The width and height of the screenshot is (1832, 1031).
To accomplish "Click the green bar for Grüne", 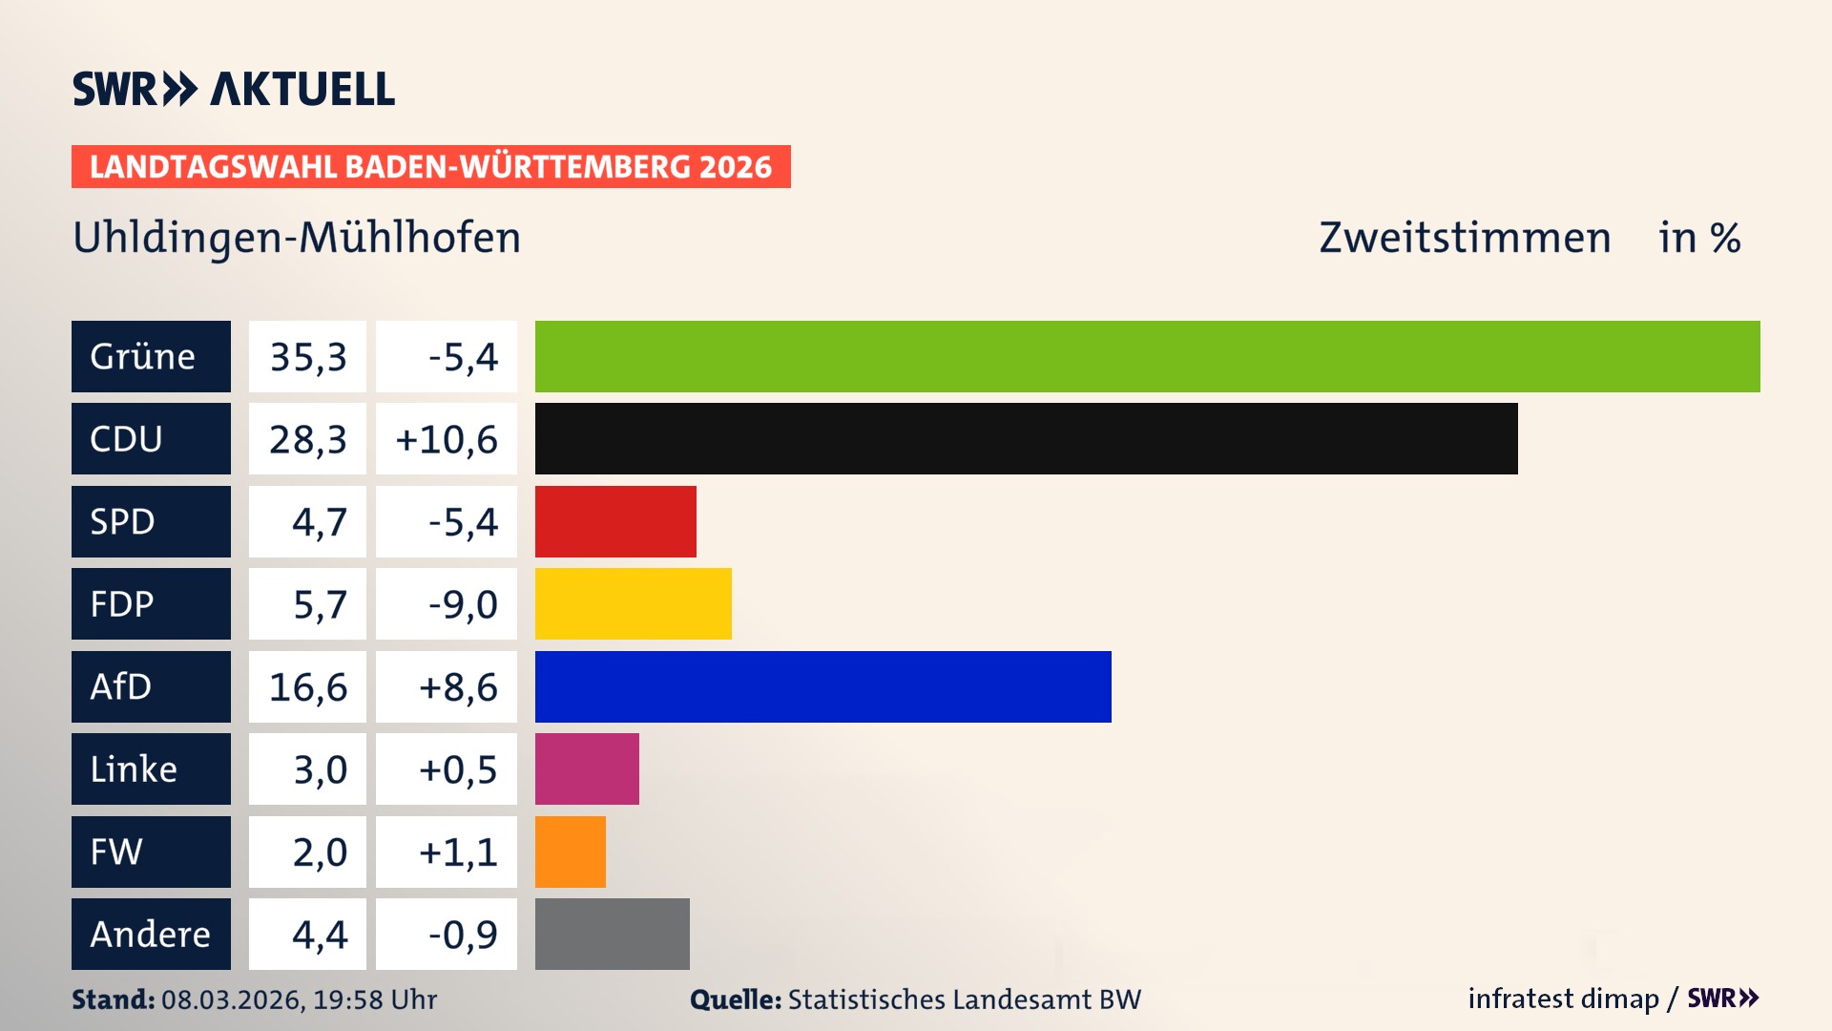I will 1147,356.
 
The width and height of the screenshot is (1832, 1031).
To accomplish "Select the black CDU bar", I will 1026,438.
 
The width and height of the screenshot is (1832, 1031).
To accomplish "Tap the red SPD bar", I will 615,521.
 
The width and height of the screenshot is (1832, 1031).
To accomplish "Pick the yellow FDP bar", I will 633,603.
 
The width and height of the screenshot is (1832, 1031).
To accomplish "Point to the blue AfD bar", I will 822,686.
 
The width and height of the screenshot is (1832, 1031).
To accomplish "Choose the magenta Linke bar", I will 587,768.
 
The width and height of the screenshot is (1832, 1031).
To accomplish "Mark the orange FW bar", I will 570,852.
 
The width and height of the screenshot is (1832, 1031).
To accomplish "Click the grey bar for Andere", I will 612,934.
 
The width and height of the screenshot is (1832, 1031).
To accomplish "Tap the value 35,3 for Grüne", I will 307,357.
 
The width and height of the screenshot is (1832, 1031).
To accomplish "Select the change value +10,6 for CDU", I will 447,439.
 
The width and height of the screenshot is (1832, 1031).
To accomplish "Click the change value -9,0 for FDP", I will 463,604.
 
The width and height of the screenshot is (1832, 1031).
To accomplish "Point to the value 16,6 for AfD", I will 307,687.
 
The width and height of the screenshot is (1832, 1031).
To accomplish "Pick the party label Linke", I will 134,769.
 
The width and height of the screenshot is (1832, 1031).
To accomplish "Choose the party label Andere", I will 150,934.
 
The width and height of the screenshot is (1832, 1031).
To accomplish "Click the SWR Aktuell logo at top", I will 233,89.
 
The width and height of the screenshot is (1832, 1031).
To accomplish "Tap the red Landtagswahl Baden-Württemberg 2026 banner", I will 430,166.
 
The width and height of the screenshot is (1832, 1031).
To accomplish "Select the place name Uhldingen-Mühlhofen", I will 297,238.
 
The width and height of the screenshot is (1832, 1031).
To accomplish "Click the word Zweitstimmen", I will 1465,238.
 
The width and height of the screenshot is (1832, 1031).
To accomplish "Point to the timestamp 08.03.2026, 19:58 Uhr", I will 299,999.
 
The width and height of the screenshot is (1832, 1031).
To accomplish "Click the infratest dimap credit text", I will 1563,999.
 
